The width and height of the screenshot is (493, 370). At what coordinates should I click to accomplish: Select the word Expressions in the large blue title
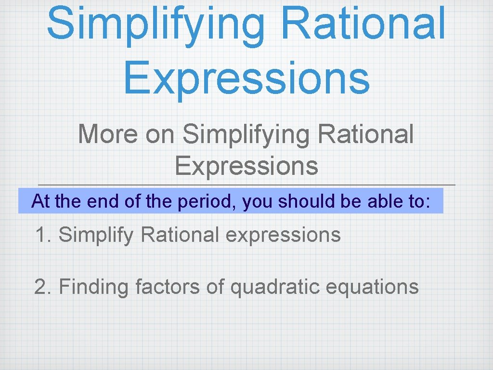pyautogui.click(x=246, y=77)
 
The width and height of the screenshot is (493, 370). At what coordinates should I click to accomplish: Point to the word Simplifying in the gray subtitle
pyautogui.click(x=246, y=134)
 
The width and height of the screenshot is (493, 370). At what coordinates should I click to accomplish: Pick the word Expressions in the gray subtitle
pyautogui.click(x=246, y=166)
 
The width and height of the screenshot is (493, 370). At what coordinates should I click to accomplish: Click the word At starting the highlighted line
pyautogui.click(x=41, y=201)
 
